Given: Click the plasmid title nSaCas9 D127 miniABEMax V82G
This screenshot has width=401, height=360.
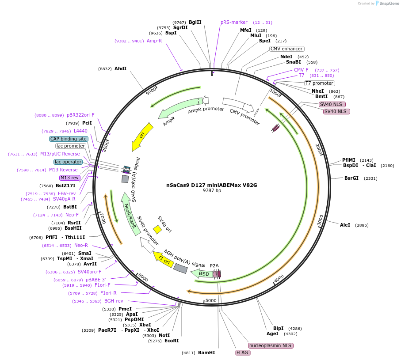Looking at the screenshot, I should click(x=212, y=185).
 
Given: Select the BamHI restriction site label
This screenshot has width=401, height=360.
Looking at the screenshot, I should click(x=206, y=353).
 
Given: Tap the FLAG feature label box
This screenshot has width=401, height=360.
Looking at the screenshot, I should click(x=243, y=352).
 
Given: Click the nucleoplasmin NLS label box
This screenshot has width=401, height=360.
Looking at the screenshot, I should click(x=271, y=345).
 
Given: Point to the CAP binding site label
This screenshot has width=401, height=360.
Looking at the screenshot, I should click(x=68, y=139).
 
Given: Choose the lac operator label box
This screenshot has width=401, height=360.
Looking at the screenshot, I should click(x=68, y=162).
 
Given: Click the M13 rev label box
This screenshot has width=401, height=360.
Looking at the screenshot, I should click(x=69, y=178).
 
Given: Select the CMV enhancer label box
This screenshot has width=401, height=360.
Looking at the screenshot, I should click(x=286, y=49).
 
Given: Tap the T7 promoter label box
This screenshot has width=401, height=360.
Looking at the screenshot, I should click(x=319, y=83).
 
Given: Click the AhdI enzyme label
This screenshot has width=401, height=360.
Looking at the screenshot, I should click(x=120, y=69).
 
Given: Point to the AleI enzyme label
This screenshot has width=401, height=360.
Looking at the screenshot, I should click(x=345, y=225).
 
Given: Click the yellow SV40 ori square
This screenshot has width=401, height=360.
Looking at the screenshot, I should click(x=157, y=229).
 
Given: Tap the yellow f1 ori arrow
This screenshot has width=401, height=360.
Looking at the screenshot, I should click(x=163, y=259).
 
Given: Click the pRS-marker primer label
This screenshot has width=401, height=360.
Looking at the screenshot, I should click(x=234, y=22).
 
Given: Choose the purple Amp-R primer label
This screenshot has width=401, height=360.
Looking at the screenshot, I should click(x=154, y=41).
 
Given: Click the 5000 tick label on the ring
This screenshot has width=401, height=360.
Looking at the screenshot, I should click(x=211, y=301).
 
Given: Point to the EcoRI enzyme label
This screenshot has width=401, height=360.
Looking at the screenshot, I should click(x=172, y=341).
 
